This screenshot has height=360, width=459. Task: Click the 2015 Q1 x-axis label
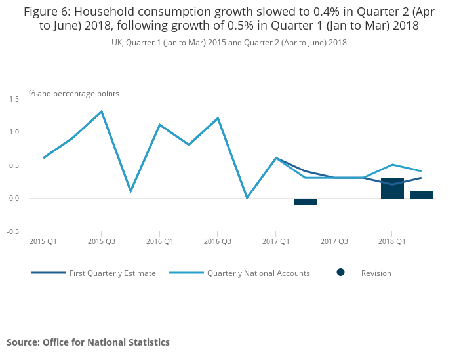click(43, 241)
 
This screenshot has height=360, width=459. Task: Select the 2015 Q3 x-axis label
click(101, 241)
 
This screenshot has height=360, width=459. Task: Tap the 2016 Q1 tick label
click(159, 241)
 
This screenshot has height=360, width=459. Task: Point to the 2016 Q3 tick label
click(217, 241)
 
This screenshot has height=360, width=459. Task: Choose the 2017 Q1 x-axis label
click(275, 241)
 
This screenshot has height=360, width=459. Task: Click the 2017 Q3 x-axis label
click(334, 241)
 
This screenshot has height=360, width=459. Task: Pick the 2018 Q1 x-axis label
click(391, 241)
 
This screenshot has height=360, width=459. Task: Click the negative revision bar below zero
click(305, 201)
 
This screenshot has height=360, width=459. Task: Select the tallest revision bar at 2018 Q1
click(392, 188)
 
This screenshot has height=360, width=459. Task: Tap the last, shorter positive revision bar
click(422, 195)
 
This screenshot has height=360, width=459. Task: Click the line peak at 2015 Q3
click(101, 111)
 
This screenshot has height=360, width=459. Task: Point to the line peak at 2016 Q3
click(217, 118)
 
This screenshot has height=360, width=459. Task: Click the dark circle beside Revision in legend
click(340, 273)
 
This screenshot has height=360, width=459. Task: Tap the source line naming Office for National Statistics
click(88, 342)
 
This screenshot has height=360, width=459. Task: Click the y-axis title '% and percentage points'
click(73, 94)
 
